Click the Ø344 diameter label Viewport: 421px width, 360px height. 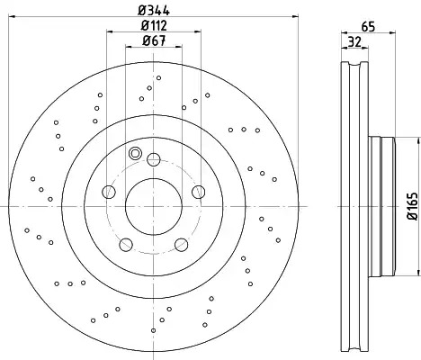154,11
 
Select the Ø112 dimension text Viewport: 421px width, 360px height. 154,25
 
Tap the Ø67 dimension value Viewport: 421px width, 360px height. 154,40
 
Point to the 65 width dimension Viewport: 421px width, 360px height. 368,27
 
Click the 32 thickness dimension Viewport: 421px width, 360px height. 355,41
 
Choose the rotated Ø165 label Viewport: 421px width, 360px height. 413,206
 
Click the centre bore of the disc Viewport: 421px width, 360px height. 154,206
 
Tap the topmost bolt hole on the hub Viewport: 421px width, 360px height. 154,159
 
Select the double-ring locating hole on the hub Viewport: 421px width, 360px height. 135,153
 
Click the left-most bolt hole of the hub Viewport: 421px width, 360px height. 109,192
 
